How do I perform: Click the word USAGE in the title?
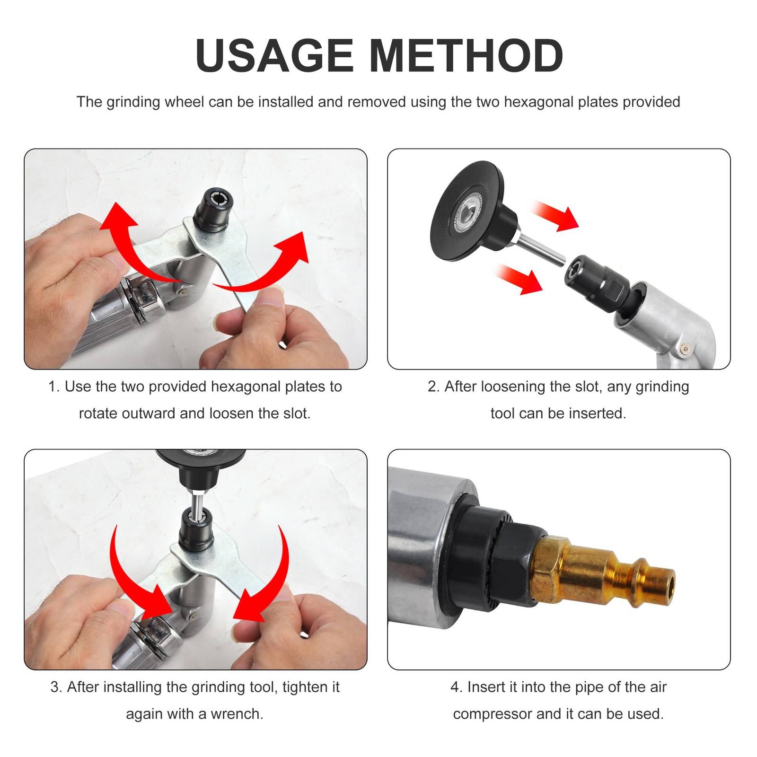(274, 56)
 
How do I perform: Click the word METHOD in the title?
(466, 56)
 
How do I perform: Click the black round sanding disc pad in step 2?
(468, 211)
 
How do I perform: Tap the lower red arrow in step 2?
(518, 279)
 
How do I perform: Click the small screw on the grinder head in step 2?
(685, 349)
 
